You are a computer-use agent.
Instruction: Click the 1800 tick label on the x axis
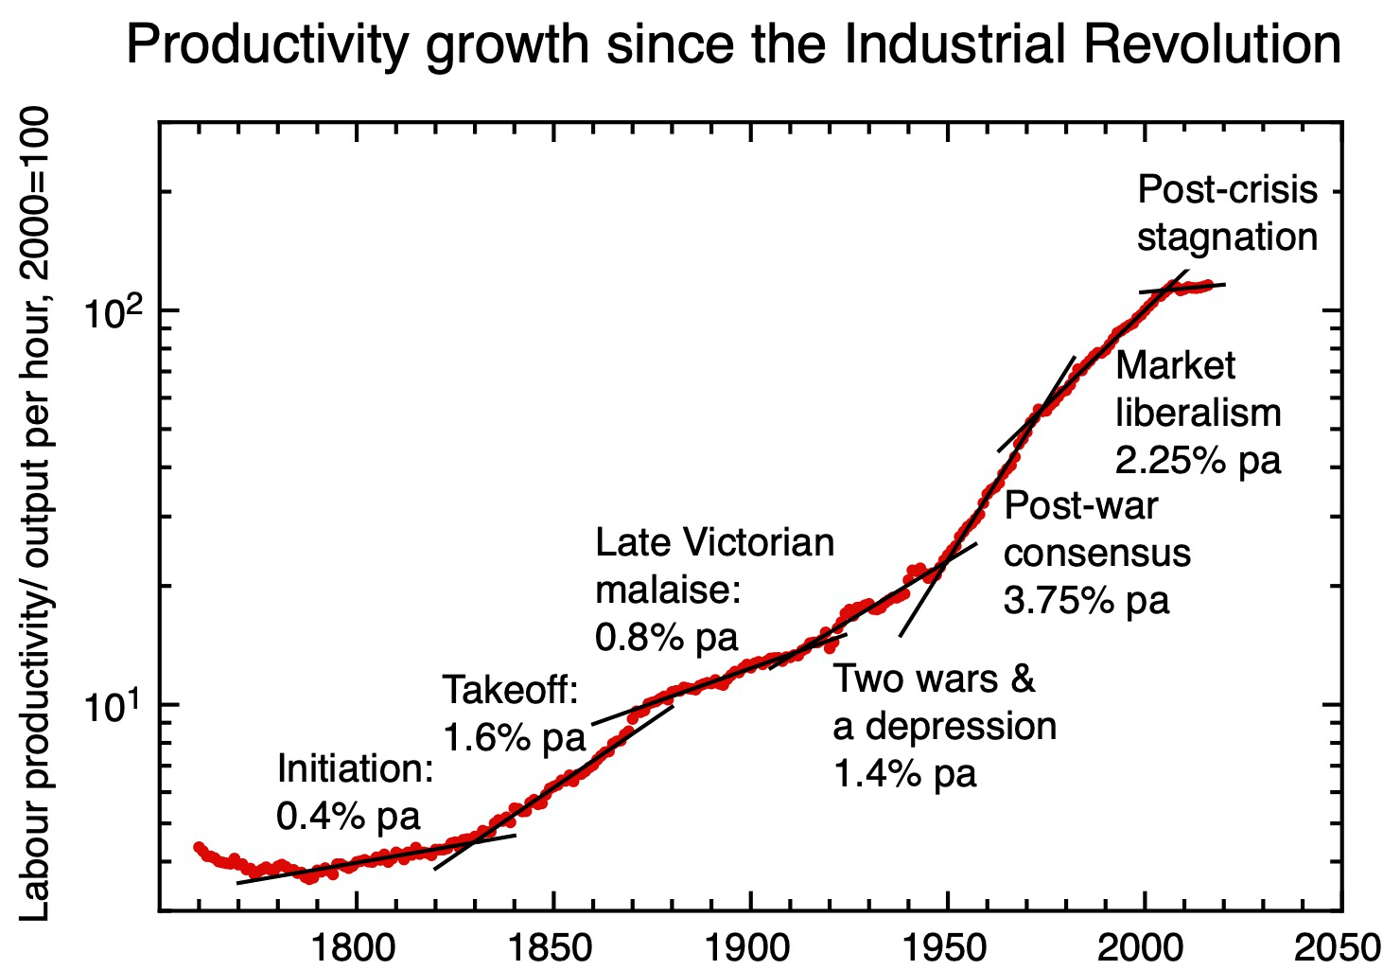tap(356, 947)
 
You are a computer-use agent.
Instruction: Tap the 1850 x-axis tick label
tap(552, 947)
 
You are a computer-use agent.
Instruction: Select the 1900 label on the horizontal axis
tap(750, 947)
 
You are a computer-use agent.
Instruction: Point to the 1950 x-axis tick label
tap(947, 947)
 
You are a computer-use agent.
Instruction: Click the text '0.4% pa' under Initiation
tap(348, 816)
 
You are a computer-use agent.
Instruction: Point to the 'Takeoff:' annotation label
tap(510, 690)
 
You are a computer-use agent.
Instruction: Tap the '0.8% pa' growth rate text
tap(666, 638)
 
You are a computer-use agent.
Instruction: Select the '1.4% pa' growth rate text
tap(904, 773)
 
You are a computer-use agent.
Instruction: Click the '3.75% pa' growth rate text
tap(1086, 600)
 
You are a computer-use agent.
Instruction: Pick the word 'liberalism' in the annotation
tap(1198, 413)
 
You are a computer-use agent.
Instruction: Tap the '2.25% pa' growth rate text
tap(1198, 460)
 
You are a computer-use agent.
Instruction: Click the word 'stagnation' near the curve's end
tap(1227, 237)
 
